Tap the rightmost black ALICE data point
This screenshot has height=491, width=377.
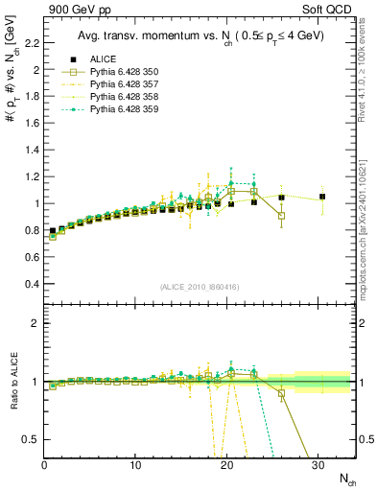pos(322,197)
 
